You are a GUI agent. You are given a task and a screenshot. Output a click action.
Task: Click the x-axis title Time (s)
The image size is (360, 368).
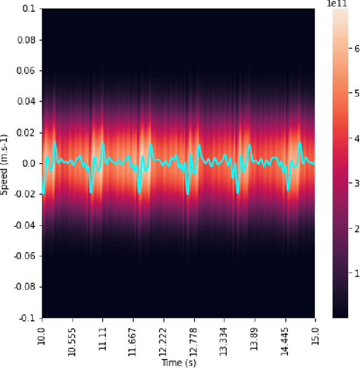[x=178, y=362]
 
